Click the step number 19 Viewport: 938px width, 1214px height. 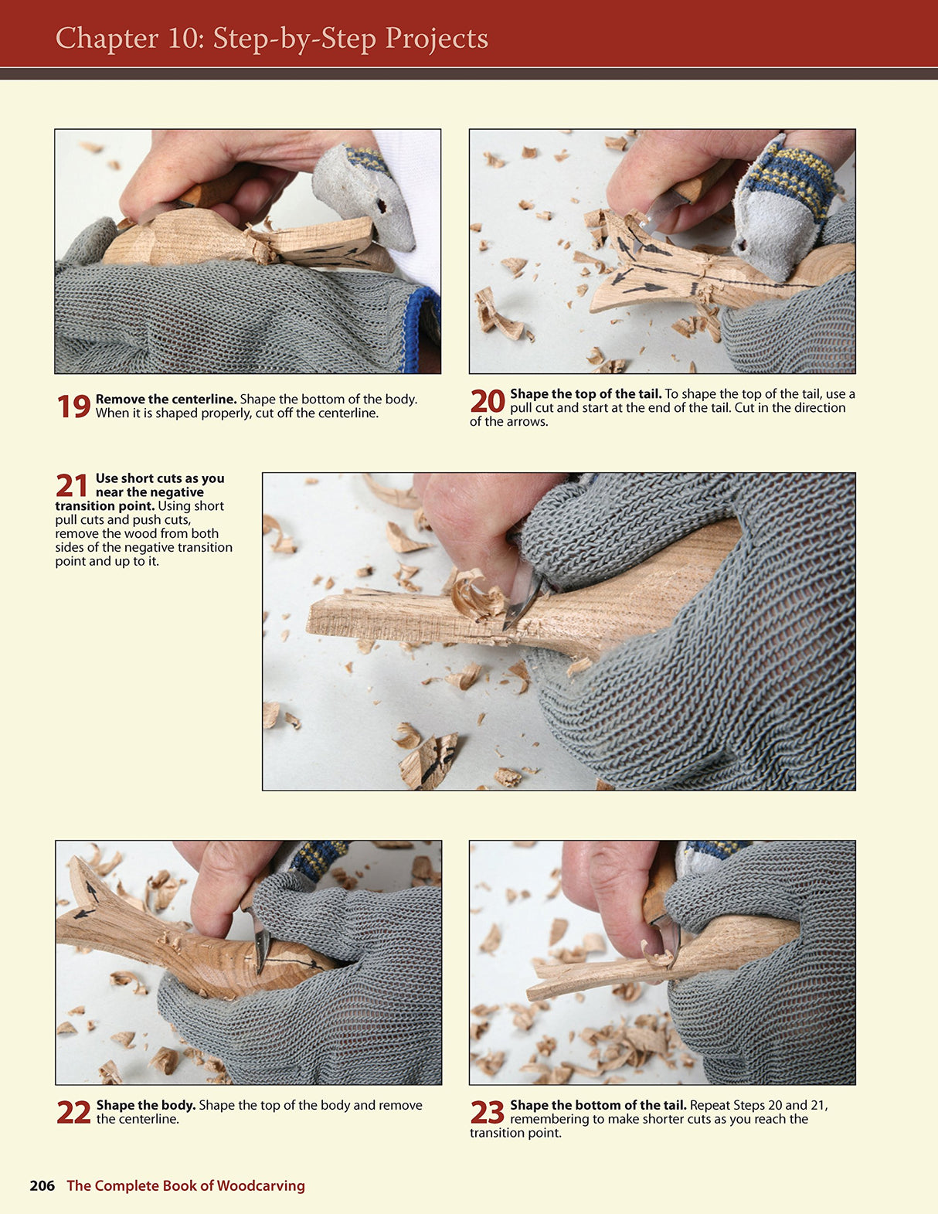point(73,407)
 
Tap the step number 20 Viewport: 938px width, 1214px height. point(488,402)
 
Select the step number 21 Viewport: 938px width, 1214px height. point(72,486)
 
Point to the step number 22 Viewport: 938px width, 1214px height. point(73,1113)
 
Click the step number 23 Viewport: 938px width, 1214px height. point(488,1113)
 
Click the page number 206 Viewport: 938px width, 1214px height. point(42,1185)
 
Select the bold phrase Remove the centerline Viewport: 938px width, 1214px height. point(165,400)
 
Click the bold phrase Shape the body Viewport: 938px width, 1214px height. point(145,1105)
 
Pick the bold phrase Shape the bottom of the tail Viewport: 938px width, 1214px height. point(597,1105)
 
